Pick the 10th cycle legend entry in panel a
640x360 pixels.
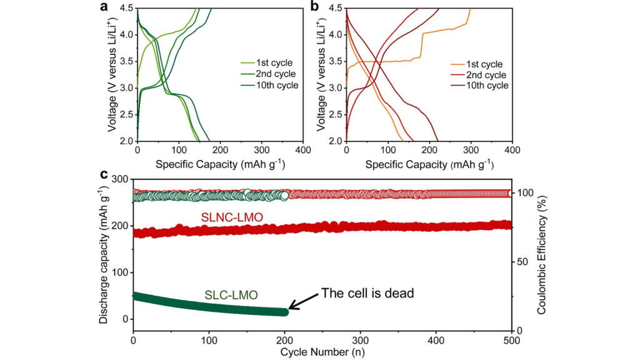coord(269,86)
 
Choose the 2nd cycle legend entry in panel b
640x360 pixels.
coord(478,74)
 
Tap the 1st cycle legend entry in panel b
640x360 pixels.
coord(477,63)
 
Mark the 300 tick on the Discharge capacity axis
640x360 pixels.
coord(120,179)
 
